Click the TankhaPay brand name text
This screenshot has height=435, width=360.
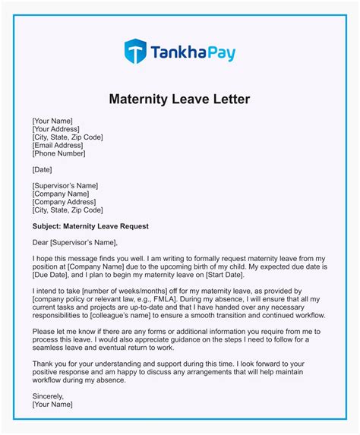pos(192,53)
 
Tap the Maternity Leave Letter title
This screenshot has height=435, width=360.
pos(179,99)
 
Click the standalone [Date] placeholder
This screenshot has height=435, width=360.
pos(44,170)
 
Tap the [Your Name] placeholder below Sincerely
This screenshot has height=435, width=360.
pos(52,405)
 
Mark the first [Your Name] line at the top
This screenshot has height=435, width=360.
pos(52,121)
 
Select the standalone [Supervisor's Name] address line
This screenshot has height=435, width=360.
pos(65,185)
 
